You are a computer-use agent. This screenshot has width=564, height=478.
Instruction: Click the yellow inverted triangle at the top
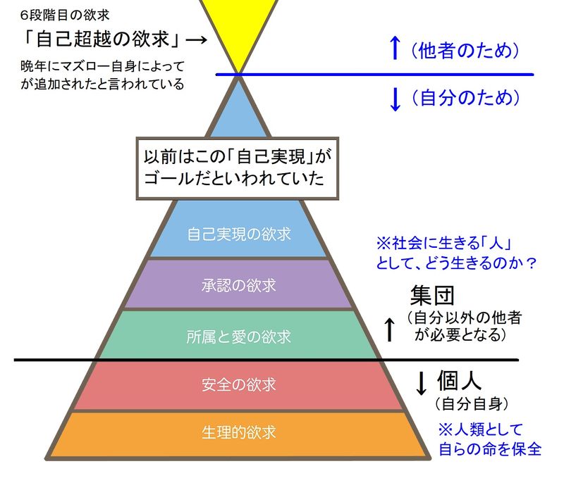coord(240,28)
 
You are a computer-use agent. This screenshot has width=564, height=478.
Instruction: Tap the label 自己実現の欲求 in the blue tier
coord(240,232)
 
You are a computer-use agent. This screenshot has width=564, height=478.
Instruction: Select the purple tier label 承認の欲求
coord(240,286)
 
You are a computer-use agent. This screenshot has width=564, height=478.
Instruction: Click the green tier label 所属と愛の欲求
coord(240,336)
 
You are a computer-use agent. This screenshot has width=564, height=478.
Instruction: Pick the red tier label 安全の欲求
coord(240,385)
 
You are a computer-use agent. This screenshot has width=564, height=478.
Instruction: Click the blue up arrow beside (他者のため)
coord(395,49)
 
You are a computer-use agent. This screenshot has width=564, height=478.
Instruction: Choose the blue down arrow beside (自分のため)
coord(395,99)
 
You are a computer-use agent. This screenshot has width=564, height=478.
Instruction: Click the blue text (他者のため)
coord(465,50)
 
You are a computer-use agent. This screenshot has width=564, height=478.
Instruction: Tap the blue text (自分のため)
coord(465,98)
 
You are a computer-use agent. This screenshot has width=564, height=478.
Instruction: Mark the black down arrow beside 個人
coord(422,383)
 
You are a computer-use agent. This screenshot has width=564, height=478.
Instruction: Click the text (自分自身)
coord(472,405)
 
